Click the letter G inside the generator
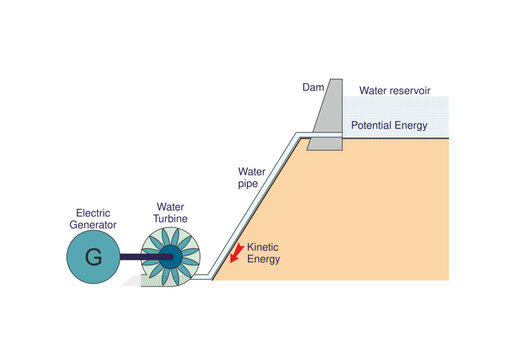click(x=93, y=257)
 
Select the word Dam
click(x=312, y=88)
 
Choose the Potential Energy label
click(x=389, y=126)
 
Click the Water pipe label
click(x=251, y=178)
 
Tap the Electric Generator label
click(x=92, y=218)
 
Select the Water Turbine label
click(x=169, y=211)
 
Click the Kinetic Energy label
click(x=264, y=252)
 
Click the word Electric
click(x=92, y=212)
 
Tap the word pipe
click(x=248, y=185)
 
